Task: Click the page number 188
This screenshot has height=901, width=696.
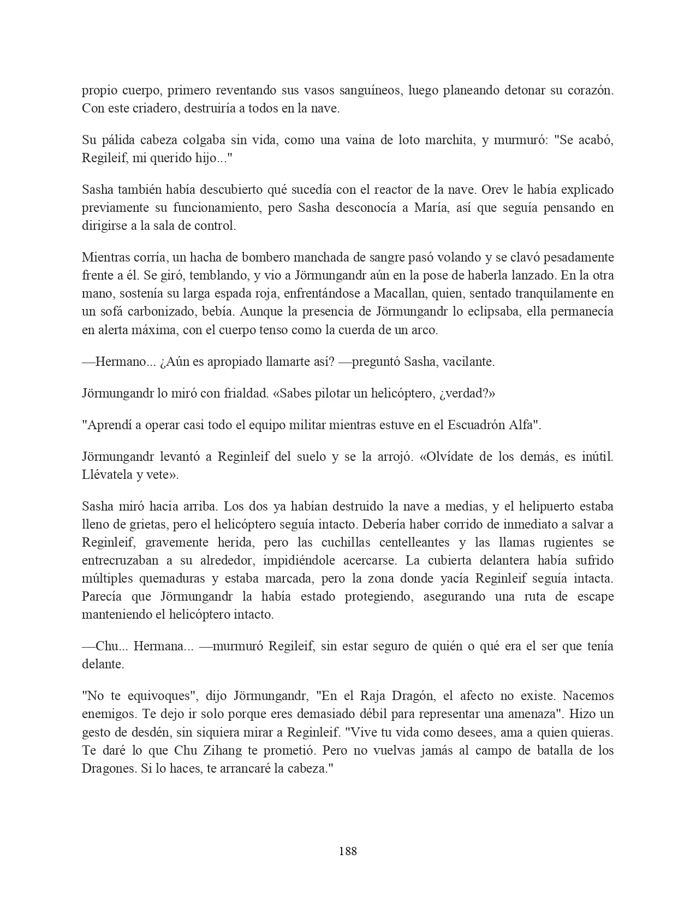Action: click(348, 851)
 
